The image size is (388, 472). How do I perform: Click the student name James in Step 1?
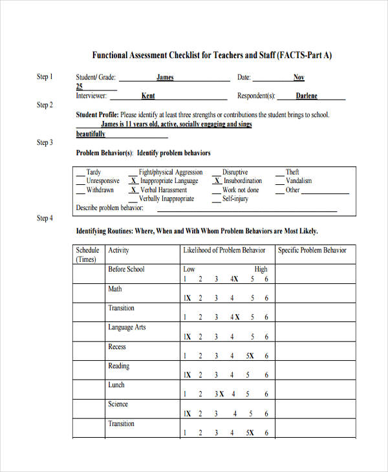(x=165, y=78)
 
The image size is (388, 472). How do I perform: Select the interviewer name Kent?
(x=148, y=96)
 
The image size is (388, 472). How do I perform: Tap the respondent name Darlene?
(x=307, y=96)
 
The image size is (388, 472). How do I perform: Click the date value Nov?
(x=299, y=78)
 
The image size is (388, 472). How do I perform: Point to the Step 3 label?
(x=45, y=143)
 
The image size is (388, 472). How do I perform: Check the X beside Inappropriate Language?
(x=133, y=181)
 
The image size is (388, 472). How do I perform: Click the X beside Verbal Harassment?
(x=133, y=190)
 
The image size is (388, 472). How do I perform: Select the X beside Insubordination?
(x=217, y=181)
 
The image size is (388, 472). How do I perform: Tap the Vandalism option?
(x=299, y=181)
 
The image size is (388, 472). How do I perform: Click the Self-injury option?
(x=236, y=199)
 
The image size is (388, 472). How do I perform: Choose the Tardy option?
(x=94, y=172)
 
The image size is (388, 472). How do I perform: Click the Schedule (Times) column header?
(x=87, y=255)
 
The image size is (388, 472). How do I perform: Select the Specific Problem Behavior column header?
(x=312, y=250)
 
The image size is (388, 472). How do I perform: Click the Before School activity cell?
(x=126, y=269)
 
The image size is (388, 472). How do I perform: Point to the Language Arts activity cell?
(x=127, y=327)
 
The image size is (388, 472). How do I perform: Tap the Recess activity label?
(x=117, y=347)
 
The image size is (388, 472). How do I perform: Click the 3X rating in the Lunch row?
(x=220, y=394)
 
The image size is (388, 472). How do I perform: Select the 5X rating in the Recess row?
(x=251, y=356)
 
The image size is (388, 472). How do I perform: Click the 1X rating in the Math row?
(x=187, y=298)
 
